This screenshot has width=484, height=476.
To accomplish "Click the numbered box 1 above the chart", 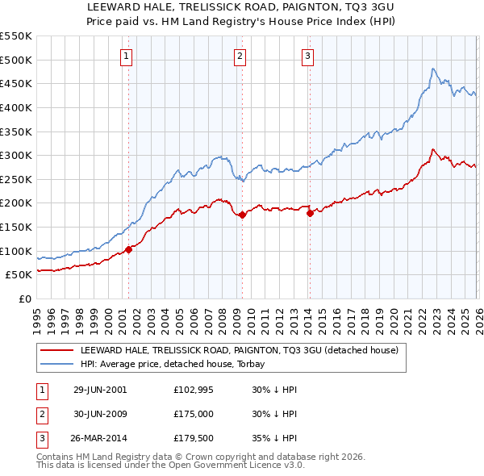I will tap(128, 56).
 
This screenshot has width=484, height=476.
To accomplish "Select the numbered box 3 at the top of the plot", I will tap(308, 56).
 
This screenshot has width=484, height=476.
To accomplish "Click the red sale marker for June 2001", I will tap(128, 249).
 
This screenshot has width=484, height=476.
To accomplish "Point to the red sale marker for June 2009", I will tap(242, 215).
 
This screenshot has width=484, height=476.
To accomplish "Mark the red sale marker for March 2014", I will tap(310, 213).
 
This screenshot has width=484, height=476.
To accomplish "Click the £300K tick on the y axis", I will tap(16, 155).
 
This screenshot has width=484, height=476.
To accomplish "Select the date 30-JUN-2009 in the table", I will tap(100, 415).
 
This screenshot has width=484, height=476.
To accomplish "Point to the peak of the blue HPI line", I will tap(433, 69).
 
